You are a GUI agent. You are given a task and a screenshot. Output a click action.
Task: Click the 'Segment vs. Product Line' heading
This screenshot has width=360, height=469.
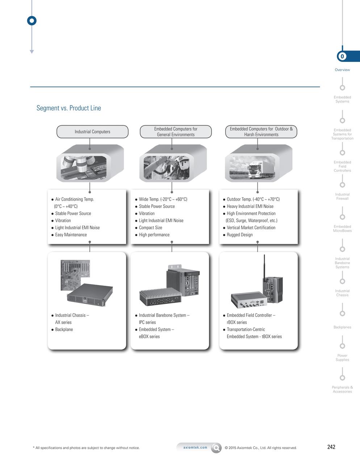(x=69, y=108)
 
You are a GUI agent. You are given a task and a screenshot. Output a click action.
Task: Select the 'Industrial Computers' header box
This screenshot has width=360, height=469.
(x=92, y=132)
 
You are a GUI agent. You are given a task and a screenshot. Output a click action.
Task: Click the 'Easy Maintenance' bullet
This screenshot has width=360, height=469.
(x=71, y=235)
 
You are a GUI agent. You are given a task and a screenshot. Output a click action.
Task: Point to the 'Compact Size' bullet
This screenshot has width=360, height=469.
(x=150, y=228)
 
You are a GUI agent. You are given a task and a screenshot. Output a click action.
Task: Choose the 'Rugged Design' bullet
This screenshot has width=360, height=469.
(x=239, y=235)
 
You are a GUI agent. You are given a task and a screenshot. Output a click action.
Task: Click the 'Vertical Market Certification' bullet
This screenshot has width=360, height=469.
(x=251, y=228)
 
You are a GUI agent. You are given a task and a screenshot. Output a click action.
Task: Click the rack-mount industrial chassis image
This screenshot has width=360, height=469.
(x=90, y=294)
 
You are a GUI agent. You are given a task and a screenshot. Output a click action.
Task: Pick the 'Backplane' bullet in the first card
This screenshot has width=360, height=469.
(x=64, y=330)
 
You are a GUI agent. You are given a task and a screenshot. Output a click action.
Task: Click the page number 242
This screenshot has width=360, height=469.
(x=331, y=447)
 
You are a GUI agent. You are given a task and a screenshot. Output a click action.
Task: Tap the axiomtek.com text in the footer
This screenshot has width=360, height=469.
(x=195, y=448)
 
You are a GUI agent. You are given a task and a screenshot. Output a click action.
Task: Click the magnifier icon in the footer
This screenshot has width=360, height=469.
(x=216, y=448)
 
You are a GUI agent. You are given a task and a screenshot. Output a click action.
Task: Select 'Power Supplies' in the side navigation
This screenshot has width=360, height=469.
(x=342, y=358)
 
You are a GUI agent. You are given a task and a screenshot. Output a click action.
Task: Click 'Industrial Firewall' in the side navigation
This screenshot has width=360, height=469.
(x=342, y=197)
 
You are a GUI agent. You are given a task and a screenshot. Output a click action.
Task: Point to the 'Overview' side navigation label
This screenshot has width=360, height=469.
(x=342, y=70)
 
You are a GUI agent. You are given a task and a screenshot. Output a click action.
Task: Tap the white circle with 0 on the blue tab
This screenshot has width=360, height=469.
(x=342, y=56)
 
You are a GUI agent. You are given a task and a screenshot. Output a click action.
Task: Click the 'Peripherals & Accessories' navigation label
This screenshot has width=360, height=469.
(x=342, y=389)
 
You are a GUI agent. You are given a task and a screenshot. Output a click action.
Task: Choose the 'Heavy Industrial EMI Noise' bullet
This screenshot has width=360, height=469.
(x=250, y=206)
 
